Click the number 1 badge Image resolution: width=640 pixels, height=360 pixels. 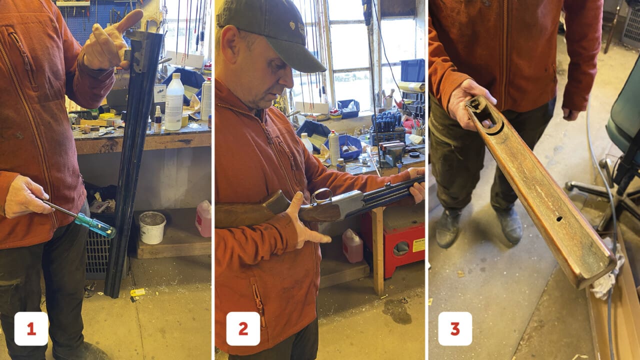point(31,328)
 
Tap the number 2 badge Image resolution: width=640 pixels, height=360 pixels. point(243,328)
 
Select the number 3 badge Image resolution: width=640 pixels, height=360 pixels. point(455,328)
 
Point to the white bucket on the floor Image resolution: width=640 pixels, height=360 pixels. point(152,227)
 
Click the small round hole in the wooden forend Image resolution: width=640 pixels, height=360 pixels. point(559,219)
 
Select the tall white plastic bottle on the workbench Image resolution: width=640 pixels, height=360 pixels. point(174,102)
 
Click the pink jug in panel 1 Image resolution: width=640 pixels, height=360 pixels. point(203,218)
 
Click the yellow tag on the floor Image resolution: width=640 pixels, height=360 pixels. point(137,292)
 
